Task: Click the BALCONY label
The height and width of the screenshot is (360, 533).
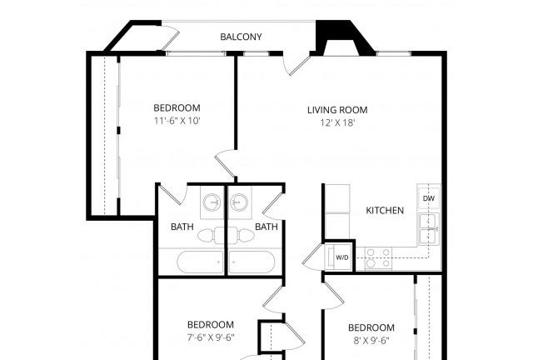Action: [x=241, y=37]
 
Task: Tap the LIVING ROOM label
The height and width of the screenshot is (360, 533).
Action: [x=337, y=110]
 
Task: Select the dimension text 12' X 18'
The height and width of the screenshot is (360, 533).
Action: [x=337, y=123]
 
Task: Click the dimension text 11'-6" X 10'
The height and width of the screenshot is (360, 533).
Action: [x=177, y=122]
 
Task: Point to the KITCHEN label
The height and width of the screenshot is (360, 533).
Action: [x=385, y=211]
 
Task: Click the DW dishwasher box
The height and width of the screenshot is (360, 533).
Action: [x=429, y=198]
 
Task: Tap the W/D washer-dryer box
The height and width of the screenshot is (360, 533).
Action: [x=342, y=258]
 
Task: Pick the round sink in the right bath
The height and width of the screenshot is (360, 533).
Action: [x=241, y=202]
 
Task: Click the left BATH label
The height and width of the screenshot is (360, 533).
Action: [x=182, y=227]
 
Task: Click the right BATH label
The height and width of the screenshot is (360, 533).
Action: [x=266, y=227]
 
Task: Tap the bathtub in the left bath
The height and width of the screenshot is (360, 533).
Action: [x=200, y=262]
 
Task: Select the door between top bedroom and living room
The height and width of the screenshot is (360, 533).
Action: [x=227, y=163]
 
